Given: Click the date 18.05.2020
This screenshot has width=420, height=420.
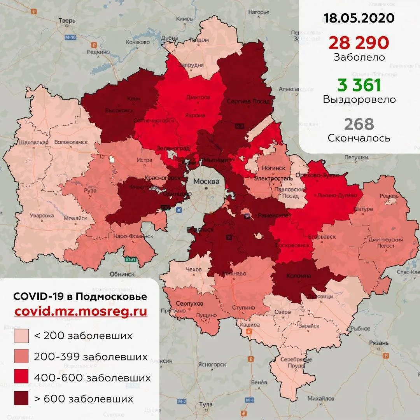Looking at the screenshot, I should click(359, 18).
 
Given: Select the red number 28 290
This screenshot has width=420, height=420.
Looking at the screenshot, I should click(359, 42).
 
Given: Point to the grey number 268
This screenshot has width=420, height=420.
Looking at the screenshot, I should click(359, 124).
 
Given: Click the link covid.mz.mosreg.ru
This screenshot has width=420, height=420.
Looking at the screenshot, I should click(80, 312).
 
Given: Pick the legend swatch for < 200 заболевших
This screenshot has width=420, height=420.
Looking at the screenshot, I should click(21, 336).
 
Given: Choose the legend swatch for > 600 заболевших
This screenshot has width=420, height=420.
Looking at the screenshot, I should click(21, 399).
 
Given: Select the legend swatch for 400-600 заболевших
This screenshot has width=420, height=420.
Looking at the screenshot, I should click(21, 378).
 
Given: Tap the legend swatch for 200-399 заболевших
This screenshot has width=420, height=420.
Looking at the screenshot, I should click(21, 357).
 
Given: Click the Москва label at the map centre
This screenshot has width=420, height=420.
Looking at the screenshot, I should click(206, 182).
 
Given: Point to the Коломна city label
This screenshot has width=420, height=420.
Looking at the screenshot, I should click(298, 275).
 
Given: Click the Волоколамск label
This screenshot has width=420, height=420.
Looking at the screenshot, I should click(71, 142).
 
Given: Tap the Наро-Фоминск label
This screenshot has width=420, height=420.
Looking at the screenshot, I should click(133, 236).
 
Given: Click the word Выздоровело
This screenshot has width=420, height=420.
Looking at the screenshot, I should click(359, 100).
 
